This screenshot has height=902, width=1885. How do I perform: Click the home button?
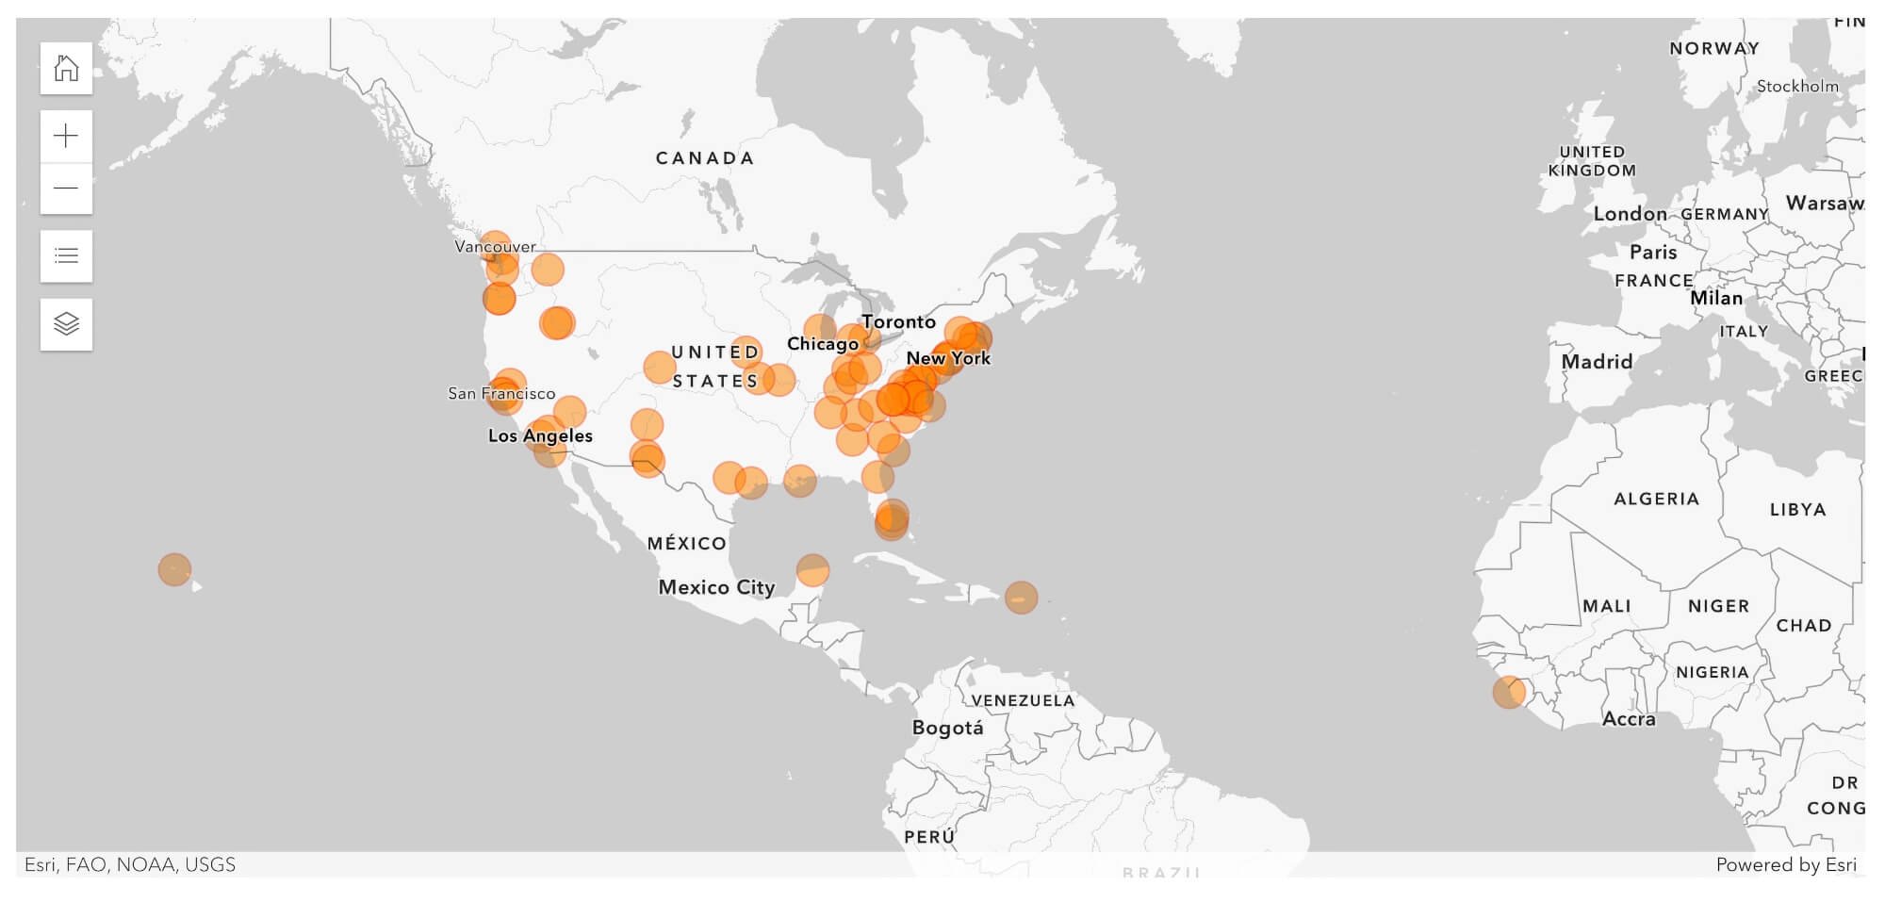tap(66, 68)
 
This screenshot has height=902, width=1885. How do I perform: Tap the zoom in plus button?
tap(66, 137)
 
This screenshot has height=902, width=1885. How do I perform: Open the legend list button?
tap(66, 255)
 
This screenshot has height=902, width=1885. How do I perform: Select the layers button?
tap(66, 324)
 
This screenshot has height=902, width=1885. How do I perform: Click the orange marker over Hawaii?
tap(174, 569)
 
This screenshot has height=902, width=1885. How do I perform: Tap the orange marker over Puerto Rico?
tap(1021, 598)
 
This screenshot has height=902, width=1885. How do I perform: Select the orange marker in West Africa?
tap(1509, 692)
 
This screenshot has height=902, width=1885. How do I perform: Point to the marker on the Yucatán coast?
tap(812, 569)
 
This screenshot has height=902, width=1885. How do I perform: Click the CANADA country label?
tap(705, 158)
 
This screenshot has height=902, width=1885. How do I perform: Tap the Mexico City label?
tap(716, 587)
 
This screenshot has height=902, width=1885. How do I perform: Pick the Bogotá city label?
tap(947, 728)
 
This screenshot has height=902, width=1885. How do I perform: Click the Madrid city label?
tap(1597, 362)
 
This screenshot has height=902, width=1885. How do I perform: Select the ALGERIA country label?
tap(1656, 499)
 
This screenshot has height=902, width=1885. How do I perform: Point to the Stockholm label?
tap(1797, 87)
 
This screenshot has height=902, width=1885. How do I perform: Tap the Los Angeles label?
tap(540, 435)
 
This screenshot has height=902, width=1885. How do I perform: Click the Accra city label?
tap(1629, 719)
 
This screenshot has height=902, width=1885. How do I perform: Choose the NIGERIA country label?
tap(1712, 672)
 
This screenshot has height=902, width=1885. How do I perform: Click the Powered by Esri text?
tap(1785, 864)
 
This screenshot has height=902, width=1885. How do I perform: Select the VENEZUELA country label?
tap(1023, 700)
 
